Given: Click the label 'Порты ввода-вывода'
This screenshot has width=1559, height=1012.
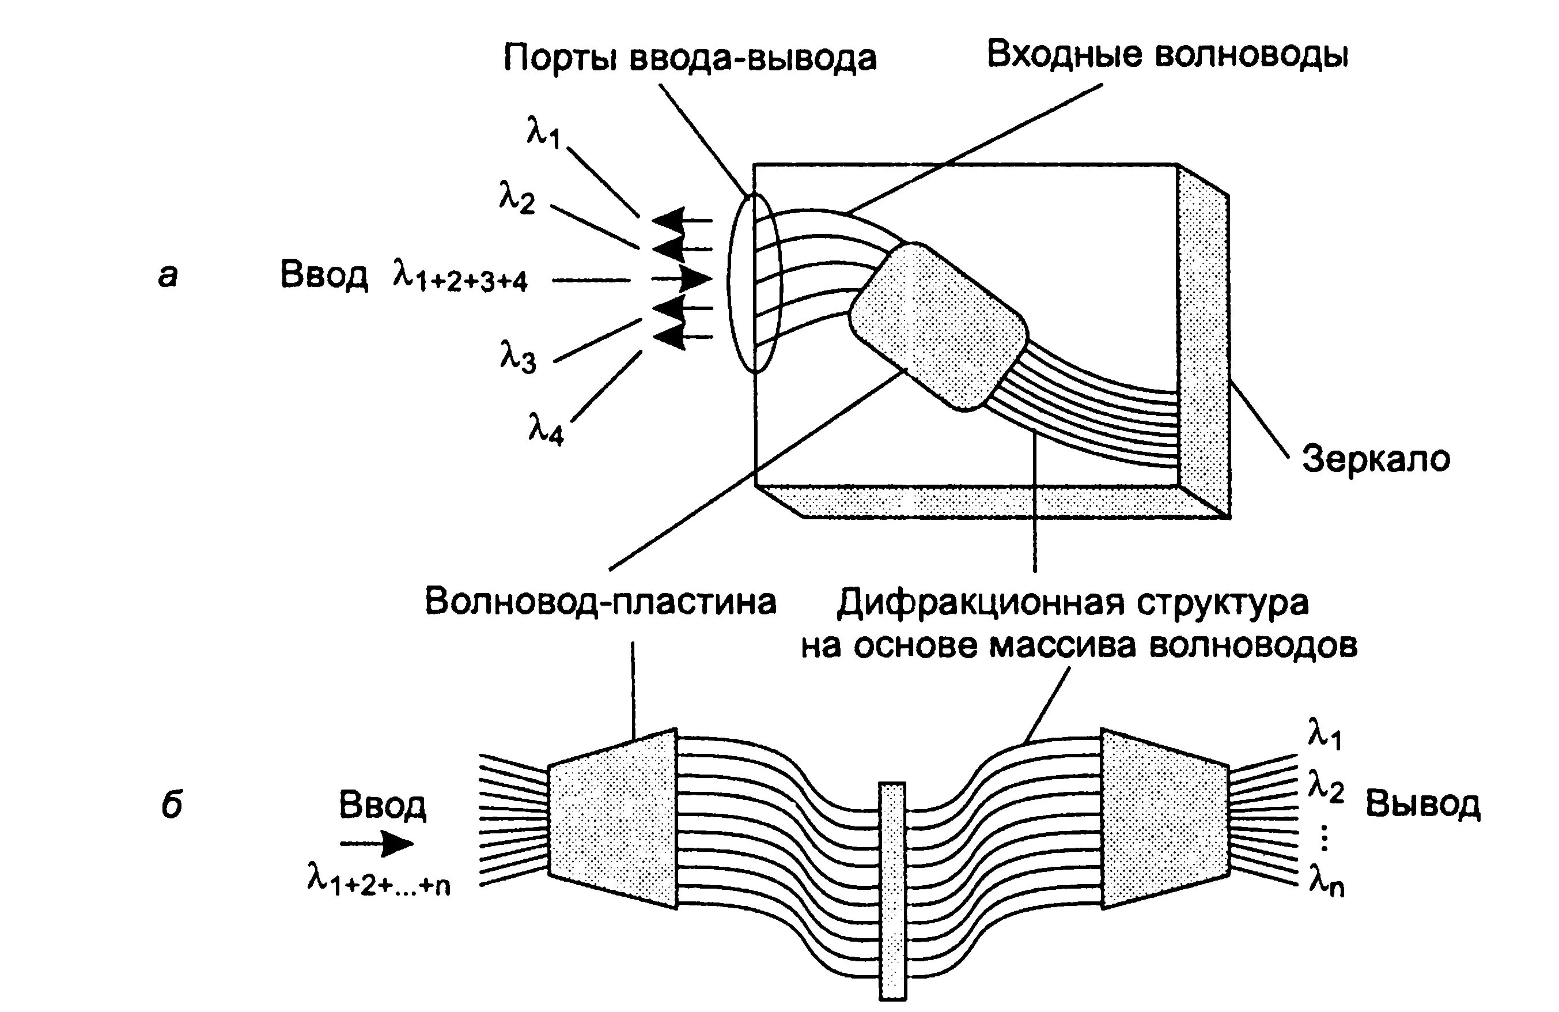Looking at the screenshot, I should [x=689, y=59].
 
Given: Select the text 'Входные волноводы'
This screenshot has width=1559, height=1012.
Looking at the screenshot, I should [x=1167, y=55].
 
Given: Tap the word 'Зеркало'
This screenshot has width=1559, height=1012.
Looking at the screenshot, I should [x=1376, y=459].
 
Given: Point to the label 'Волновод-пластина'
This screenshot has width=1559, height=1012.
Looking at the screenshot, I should [x=600, y=602].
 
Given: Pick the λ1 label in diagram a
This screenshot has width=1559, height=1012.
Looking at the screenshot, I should [x=543, y=133].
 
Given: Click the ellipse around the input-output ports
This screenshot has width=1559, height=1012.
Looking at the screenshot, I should [x=755, y=282].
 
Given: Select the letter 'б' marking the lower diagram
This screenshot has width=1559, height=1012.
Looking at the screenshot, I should [x=171, y=806].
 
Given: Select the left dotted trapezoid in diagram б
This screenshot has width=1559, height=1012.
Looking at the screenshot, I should [x=611, y=818].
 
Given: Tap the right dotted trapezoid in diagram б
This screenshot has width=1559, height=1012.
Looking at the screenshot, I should [x=1165, y=818].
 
